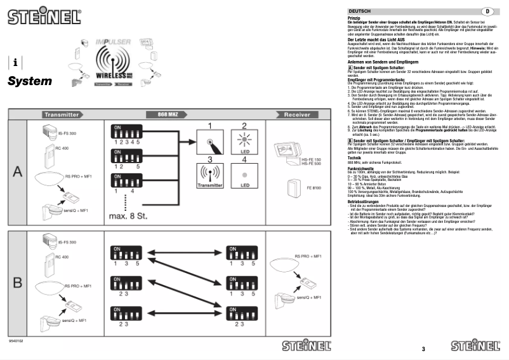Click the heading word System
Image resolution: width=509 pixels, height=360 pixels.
pos(30,81)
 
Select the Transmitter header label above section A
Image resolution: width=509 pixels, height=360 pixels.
pos(62,115)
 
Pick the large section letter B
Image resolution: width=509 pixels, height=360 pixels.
pos(18,281)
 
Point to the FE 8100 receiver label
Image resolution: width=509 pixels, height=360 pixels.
pos(315,188)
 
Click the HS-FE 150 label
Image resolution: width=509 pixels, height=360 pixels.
pos(312,160)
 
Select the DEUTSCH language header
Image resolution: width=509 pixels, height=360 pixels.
pos(360,11)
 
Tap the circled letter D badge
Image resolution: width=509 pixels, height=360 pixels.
pos(487,11)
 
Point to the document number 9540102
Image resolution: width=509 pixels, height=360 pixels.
pos(17,342)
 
